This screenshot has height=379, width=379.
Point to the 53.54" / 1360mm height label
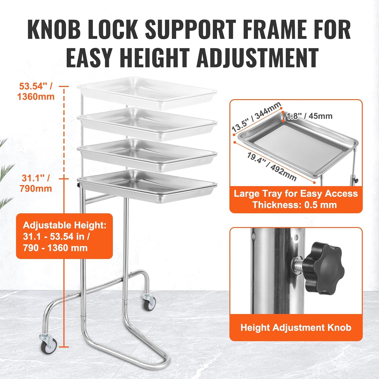click(36, 91)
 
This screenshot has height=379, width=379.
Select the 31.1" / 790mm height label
click(36, 183)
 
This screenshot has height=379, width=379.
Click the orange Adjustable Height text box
click(64, 236)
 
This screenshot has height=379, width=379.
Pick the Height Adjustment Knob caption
click(296, 327)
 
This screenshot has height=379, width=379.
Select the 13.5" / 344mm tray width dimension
click(256, 117)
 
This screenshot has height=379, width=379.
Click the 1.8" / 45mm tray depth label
click(309, 116)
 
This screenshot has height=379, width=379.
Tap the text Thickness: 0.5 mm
click(295, 205)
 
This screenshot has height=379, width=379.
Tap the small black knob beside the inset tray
click(357, 181)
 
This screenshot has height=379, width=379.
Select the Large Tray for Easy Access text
click(296, 194)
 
